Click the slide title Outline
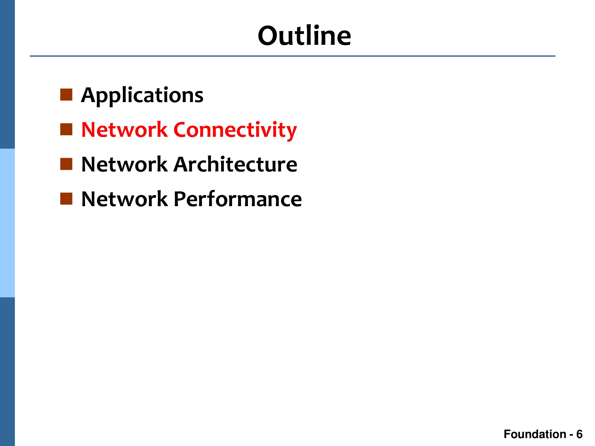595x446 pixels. point(304,35)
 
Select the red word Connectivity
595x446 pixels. point(235,130)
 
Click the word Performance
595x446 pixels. point(238,199)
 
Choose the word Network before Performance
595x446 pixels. point(125,199)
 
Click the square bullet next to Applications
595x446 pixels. point(66,95)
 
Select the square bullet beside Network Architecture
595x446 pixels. point(66,164)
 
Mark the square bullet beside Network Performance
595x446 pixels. point(66,199)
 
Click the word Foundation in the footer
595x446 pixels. point(535,434)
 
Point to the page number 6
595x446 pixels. point(579,434)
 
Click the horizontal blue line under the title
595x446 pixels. point(292,56)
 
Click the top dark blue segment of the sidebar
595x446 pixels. point(7,74)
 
